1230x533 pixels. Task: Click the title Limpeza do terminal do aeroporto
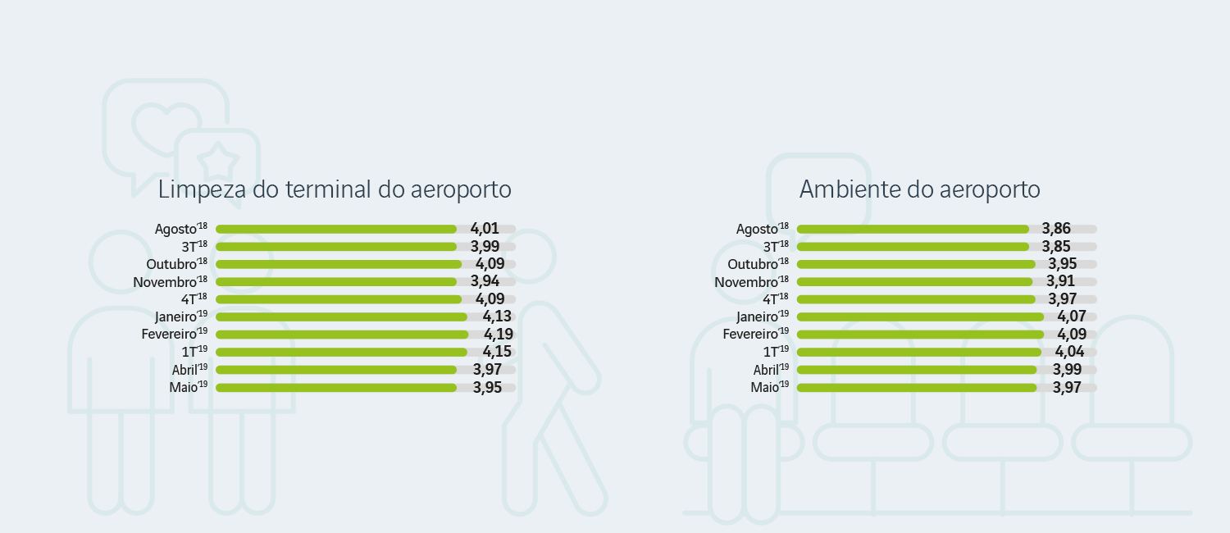[x=335, y=189]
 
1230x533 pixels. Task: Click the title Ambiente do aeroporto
[x=919, y=189]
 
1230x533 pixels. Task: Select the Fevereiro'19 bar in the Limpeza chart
[x=341, y=335]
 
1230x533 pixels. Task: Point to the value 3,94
[x=485, y=281]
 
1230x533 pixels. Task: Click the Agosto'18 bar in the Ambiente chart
[x=912, y=229]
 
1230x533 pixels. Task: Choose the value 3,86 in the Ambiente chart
[x=1056, y=229]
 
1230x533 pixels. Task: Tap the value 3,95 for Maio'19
[x=487, y=387]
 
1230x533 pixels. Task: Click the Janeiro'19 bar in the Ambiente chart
[x=919, y=317]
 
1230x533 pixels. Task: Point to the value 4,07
[x=1071, y=317]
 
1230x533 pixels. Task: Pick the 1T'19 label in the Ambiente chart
[x=771, y=352]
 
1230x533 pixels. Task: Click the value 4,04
[x=1069, y=352]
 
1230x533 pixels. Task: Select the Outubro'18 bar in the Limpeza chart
[x=338, y=264]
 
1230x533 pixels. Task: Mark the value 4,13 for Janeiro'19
[x=497, y=317]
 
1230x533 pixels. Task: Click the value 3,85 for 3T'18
[x=1056, y=246]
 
